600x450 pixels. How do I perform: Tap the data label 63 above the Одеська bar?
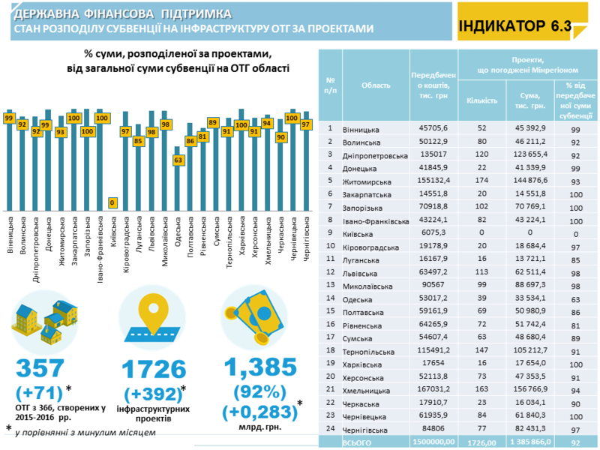[178, 160]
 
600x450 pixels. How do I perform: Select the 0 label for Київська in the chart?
[112, 202]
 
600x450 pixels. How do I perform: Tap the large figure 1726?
[153, 368]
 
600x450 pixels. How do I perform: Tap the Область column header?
[376, 85]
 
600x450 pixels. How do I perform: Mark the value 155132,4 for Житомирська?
[434, 181]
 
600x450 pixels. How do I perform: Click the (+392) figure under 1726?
[151, 393]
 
